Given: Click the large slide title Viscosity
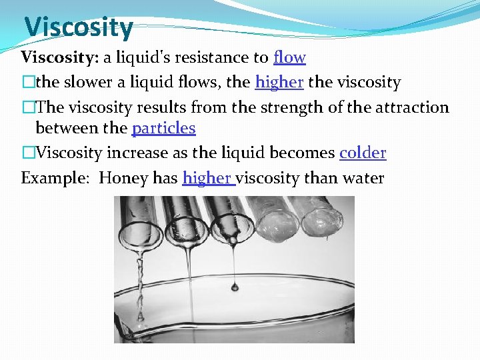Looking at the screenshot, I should pyautogui.click(x=79, y=27).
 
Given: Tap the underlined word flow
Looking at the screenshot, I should pyautogui.click(x=289, y=57).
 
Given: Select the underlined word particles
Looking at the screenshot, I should pyautogui.click(x=163, y=128).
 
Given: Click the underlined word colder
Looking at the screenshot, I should pyautogui.click(x=363, y=153).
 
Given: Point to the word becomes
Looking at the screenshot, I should pyautogui.click(x=302, y=153).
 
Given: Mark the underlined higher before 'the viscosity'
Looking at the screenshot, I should pyautogui.click(x=279, y=83).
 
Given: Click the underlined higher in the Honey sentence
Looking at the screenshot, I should pyautogui.click(x=207, y=178).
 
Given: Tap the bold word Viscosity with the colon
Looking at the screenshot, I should pyautogui.click(x=59, y=57).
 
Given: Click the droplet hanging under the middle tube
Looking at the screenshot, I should pyautogui.click(x=235, y=286).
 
